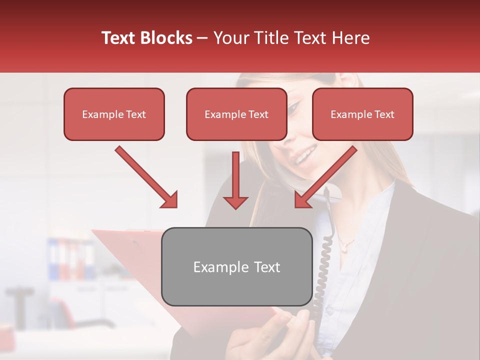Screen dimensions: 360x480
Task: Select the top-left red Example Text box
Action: coord(114,114)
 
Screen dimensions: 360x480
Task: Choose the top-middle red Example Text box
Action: coord(236,114)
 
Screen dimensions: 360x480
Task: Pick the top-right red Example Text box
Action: coord(362,114)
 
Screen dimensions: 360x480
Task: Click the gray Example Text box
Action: coord(236,267)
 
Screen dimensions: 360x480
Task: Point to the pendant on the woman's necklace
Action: coord(344,245)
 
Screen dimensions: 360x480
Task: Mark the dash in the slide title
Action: coord(202,38)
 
